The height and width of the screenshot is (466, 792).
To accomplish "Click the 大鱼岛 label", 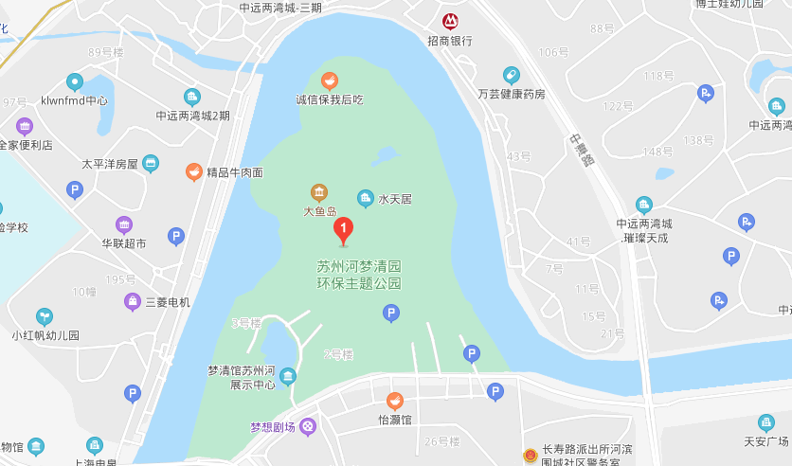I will click(x=319, y=211).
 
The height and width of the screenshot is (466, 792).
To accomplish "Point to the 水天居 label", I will click(x=395, y=199).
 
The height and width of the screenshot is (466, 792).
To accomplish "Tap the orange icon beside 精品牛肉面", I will click(x=193, y=171).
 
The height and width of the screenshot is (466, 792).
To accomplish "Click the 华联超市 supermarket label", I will click(x=124, y=242).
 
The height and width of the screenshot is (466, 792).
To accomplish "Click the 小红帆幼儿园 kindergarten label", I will click(x=45, y=335).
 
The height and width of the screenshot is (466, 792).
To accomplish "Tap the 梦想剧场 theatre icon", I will click(x=308, y=427).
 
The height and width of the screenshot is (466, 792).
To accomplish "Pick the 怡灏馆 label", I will click(x=394, y=420).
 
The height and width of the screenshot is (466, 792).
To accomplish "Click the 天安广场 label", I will click(x=765, y=441).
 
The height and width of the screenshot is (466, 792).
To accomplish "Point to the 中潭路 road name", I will click(x=581, y=150).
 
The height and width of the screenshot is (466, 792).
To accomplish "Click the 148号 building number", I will click(x=657, y=152).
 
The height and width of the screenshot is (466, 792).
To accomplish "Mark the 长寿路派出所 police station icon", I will click(x=529, y=456).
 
